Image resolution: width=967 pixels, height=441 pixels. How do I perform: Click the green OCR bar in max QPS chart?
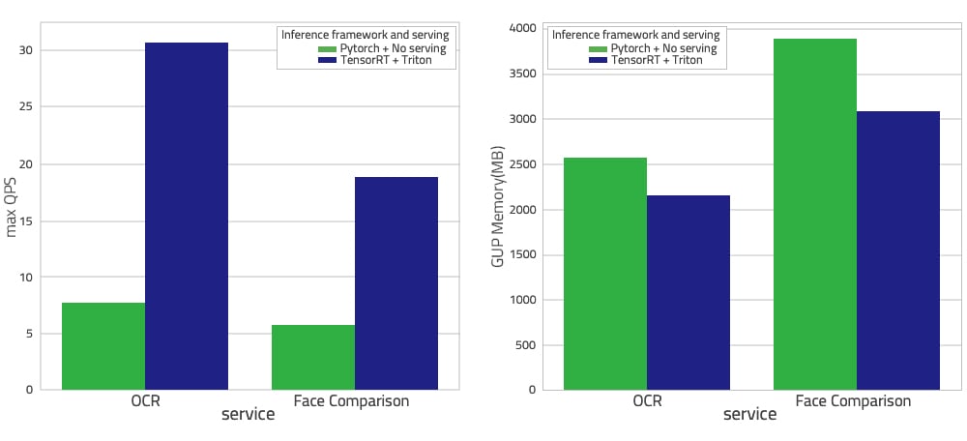(x=103, y=346)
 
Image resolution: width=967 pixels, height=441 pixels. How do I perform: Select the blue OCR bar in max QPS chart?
(x=187, y=217)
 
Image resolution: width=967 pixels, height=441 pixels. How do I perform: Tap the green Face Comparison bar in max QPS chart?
(x=313, y=357)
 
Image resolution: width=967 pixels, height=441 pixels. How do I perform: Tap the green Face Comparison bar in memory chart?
(x=815, y=215)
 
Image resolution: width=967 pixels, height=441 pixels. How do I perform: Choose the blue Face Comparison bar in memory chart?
(x=898, y=250)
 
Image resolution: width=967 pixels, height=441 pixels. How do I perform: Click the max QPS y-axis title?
(x=13, y=207)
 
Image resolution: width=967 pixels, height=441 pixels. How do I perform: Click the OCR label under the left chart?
(x=145, y=399)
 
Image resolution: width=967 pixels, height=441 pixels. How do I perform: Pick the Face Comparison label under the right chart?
(x=857, y=399)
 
